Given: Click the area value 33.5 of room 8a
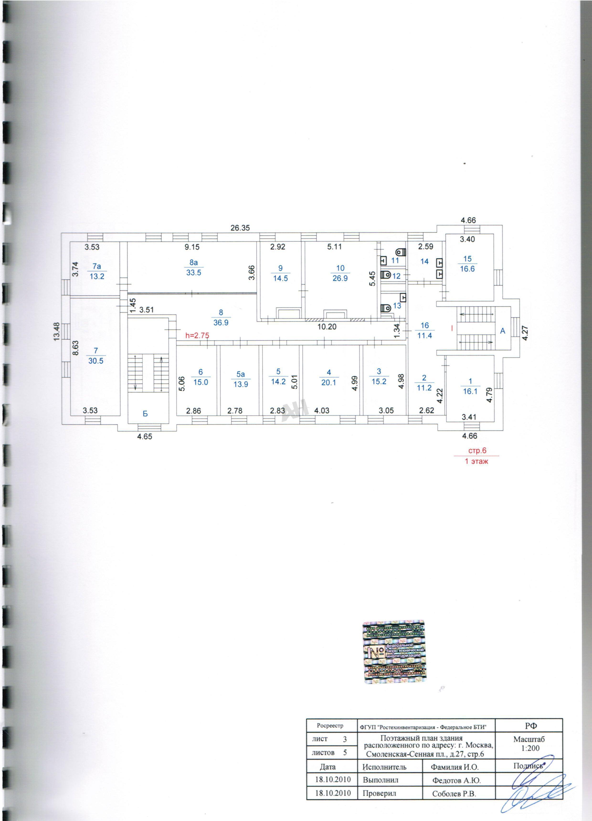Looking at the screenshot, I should coord(194,273).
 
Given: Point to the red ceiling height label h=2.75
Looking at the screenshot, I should coord(197,336).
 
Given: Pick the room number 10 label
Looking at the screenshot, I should coord(340,268).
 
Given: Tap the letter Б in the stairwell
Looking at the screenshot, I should coord(145,414).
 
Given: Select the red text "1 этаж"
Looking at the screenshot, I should coord(476,461).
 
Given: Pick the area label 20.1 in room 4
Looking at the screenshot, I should coord(328,382).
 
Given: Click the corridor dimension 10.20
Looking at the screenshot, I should coord(327,327).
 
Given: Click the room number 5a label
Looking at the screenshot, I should coord(240,375).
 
